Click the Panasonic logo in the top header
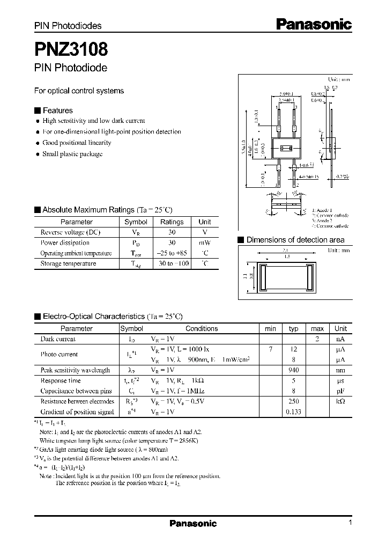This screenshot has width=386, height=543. pyautogui.click(x=314, y=24)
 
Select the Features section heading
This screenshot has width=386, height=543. pyautogui.click(x=57, y=111)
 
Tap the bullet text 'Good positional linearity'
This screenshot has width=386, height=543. pyautogui.click(x=77, y=143)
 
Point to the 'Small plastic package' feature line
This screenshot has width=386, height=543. pyautogui.click(x=72, y=154)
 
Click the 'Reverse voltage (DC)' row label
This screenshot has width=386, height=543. pyautogui.click(x=70, y=232)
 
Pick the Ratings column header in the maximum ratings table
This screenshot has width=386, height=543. pyautogui.click(x=172, y=222)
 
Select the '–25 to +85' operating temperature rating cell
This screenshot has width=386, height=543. pyautogui.click(x=172, y=253)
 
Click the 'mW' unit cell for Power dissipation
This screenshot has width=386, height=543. pyautogui.click(x=205, y=243)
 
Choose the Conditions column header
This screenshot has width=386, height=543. pyautogui.click(x=202, y=328)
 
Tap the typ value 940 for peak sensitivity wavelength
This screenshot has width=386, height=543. pyautogui.click(x=293, y=370)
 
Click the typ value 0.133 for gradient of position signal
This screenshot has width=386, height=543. pyautogui.click(x=293, y=412)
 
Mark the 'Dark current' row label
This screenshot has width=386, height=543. pyautogui.click(x=58, y=339)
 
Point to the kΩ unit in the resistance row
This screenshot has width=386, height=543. pyautogui.click(x=340, y=401)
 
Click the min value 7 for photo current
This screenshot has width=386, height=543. pyautogui.click(x=271, y=349)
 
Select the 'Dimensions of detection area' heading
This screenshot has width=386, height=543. pyautogui.click(x=295, y=240)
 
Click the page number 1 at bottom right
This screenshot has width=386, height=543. pyautogui.click(x=350, y=523)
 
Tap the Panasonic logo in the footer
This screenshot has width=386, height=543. pyautogui.click(x=193, y=523)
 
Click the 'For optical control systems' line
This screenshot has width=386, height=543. pyautogui.click(x=79, y=91)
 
